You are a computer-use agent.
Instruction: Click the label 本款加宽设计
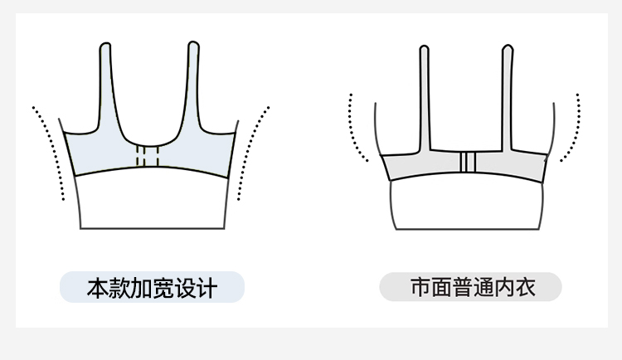tap(152, 288)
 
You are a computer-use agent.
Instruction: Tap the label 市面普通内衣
tap(470, 288)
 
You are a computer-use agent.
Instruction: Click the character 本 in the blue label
tap(98, 289)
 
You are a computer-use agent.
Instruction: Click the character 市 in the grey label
tap(420, 288)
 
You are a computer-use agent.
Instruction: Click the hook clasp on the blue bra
tap(148, 156)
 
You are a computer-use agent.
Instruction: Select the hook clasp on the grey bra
tap(466, 163)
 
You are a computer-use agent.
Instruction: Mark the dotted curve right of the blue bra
tap(250, 153)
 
